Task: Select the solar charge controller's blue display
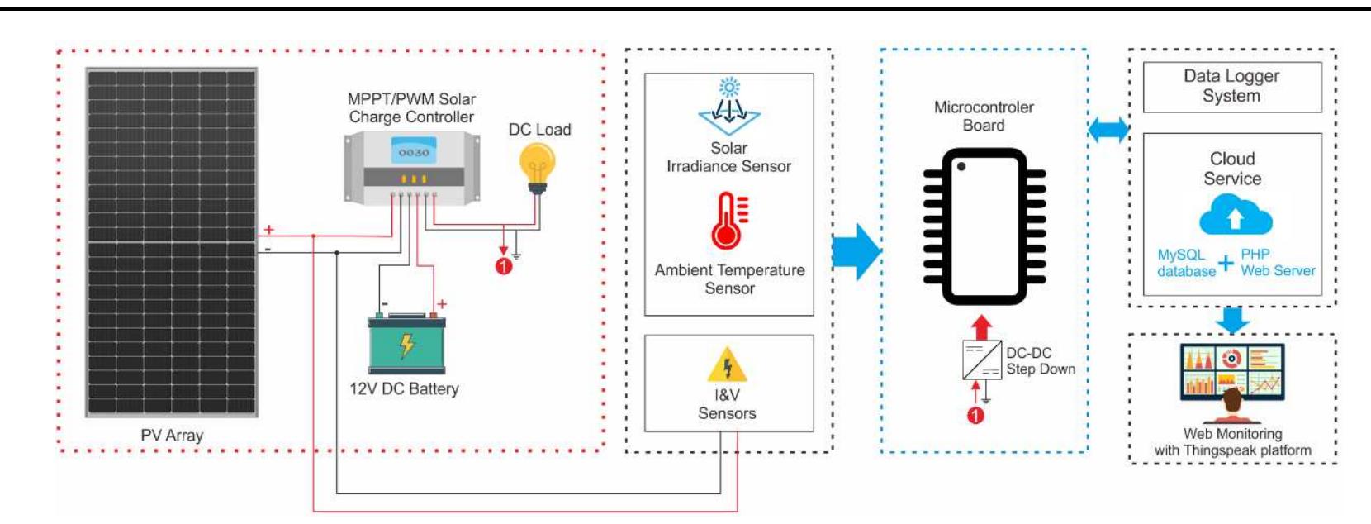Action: (413, 152)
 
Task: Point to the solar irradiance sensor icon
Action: (728, 107)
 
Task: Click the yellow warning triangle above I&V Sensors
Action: (727, 364)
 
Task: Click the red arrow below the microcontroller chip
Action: (981, 326)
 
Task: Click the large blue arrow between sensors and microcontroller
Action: (856, 251)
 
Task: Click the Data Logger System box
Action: (1231, 86)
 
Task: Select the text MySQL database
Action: (1185, 263)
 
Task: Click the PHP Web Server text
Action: (1277, 263)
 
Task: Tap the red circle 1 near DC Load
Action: (504, 266)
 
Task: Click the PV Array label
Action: (172, 435)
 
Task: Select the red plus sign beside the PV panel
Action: (268, 230)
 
